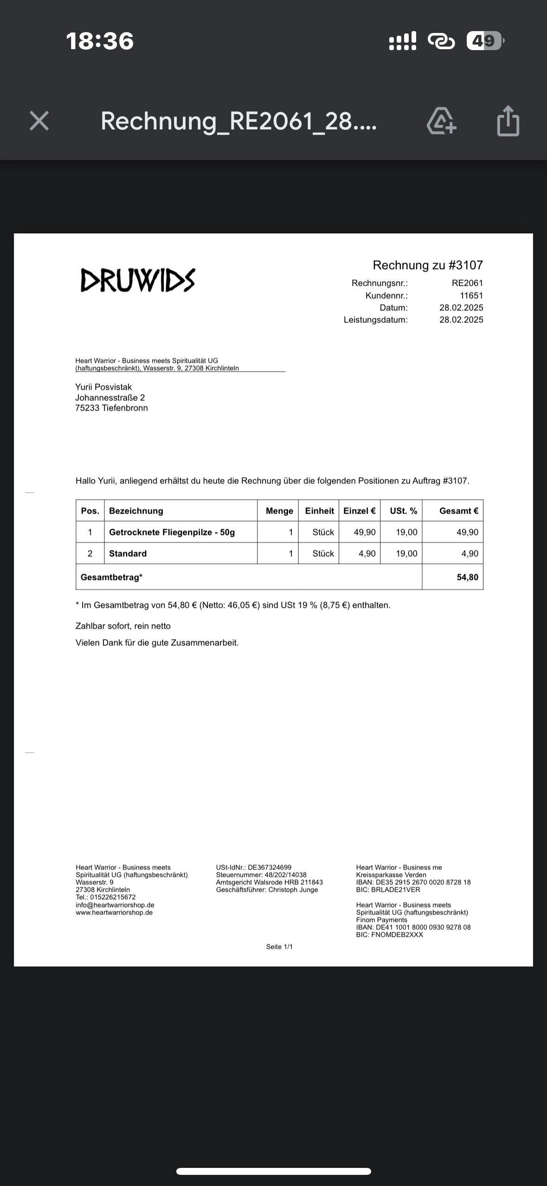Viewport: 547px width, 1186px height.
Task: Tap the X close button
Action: (x=39, y=121)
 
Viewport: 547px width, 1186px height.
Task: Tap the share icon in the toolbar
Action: (x=508, y=121)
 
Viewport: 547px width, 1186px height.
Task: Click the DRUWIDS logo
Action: (x=138, y=280)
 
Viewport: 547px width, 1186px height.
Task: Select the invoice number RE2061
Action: (x=467, y=283)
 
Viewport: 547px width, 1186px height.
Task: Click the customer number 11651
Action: (x=471, y=296)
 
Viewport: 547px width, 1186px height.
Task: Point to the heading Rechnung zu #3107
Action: (x=428, y=265)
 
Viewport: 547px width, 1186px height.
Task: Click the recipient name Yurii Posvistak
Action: (x=103, y=387)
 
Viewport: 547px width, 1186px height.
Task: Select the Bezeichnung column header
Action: (x=136, y=511)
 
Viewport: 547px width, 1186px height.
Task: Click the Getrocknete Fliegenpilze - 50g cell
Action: (x=172, y=532)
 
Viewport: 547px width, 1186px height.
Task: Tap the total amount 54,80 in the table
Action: (x=467, y=577)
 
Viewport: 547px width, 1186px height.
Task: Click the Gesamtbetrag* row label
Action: (x=111, y=577)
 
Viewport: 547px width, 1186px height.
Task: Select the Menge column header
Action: (x=279, y=511)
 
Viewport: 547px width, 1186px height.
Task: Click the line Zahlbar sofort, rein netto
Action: (x=123, y=626)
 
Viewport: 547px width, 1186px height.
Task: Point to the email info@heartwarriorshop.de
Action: (x=115, y=905)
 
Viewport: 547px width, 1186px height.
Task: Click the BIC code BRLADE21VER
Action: (x=395, y=890)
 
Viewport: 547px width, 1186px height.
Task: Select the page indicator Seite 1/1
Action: (x=279, y=947)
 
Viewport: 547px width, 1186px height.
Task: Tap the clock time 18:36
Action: (x=100, y=41)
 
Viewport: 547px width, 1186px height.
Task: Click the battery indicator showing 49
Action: (x=484, y=41)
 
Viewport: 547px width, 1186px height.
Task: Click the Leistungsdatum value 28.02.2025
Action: (x=461, y=320)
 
